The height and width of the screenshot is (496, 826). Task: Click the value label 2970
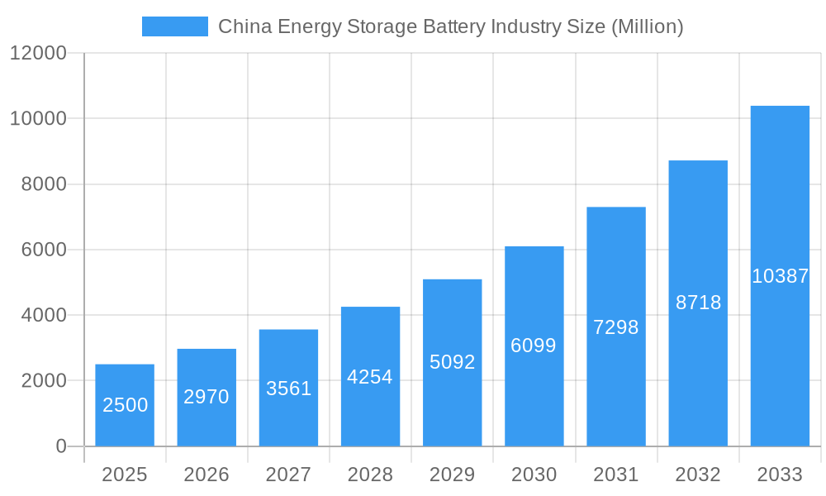coord(206,397)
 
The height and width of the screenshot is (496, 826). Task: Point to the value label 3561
coord(288,389)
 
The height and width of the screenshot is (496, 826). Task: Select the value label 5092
coord(452,362)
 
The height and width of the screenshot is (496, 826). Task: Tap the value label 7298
coord(616,327)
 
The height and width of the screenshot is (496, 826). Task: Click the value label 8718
coord(698,303)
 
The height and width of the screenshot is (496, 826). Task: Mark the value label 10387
coord(780,276)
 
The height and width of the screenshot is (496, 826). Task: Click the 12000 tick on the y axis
coord(37,53)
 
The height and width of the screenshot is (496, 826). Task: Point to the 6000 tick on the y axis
coord(44,250)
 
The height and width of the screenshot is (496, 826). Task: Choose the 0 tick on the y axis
coord(61,446)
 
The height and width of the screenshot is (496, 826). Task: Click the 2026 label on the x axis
coord(206,475)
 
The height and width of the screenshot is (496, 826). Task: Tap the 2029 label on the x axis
coord(452,475)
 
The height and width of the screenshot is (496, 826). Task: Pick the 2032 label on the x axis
coord(698,475)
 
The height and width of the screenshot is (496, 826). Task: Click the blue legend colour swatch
coord(175,26)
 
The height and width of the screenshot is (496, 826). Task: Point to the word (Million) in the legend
coord(647,26)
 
